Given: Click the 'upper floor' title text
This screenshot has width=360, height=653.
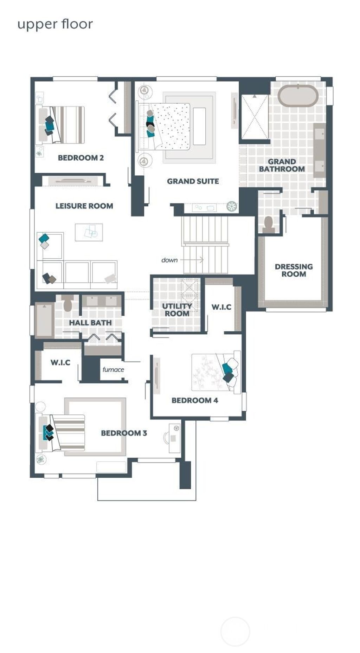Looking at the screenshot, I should click(55, 25).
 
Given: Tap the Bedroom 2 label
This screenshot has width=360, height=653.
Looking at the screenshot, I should click(81, 158).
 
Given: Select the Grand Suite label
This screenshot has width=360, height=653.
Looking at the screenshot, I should click(193, 181).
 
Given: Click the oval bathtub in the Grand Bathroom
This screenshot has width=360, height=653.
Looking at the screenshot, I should click(298, 95).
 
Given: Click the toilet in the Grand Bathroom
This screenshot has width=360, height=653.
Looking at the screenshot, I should click(269, 225).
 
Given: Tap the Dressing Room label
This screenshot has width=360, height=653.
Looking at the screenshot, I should click(294, 270).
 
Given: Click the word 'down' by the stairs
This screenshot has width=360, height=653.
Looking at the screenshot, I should click(169, 260).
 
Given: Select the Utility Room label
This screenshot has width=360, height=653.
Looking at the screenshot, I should click(177, 310).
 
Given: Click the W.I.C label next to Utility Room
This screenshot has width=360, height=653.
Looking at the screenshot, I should click(221, 307).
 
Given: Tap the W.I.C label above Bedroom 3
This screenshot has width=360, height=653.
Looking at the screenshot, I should click(60, 362).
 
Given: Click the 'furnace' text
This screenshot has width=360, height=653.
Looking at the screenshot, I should click(113, 369).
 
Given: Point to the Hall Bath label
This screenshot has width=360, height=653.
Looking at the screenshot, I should click(90, 323).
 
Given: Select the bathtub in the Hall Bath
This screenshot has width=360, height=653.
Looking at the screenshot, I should click(44, 320).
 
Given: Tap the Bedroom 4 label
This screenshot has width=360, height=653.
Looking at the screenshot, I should click(195, 400).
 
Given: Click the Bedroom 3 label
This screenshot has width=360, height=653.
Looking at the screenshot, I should click(124, 433).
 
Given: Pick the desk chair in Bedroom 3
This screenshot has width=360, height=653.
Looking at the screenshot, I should click(166, 438).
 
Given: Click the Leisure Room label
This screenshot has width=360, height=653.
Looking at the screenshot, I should click(84, 206).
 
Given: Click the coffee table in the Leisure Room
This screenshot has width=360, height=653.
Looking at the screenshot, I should click(89, 232).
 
